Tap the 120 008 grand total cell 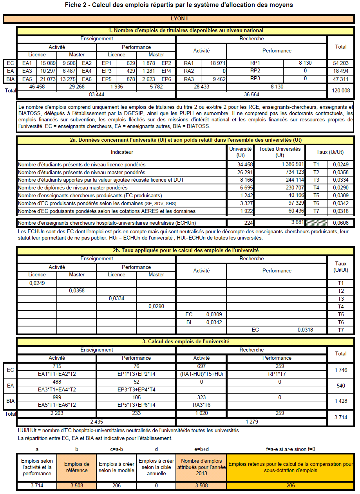point(340,90)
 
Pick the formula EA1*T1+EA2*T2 point(57,374)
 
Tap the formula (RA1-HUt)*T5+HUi point(201,374)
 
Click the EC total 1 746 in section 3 point(340,370)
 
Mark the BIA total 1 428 point(340,401)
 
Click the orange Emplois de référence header point(76,467)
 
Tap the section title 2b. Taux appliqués point(185,251)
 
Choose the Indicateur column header point(122,152)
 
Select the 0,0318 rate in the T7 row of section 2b point(305,330)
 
